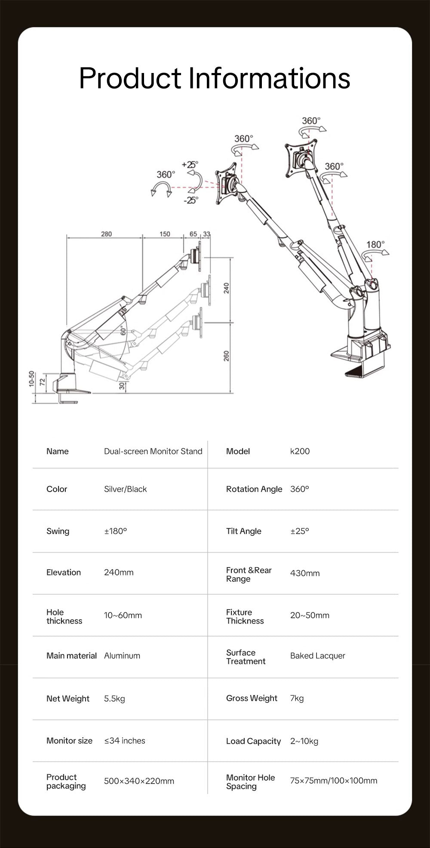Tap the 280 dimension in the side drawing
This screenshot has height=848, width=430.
[106, 234]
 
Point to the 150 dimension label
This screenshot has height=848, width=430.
[165, 234]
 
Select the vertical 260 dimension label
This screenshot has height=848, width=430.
[227, 356]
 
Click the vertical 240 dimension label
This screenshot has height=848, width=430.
[227, 288]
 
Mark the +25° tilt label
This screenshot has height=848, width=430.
[190, 164]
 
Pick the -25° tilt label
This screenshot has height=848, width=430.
[191, 200]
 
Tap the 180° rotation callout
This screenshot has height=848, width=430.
[375, 244]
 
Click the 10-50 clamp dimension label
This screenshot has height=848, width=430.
[31, 379]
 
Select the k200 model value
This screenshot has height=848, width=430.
[300, 451]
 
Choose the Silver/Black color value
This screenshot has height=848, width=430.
[125, 489]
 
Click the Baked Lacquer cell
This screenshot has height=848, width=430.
[317, 656]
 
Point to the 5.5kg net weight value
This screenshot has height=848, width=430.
[114, 699]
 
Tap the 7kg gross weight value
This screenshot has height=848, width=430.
[297, 698]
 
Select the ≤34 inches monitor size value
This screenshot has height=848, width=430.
[124, 741]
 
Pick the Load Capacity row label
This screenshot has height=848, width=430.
[253, 741]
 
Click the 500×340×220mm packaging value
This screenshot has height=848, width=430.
[139, 781]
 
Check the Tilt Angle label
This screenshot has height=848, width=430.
[243, 531]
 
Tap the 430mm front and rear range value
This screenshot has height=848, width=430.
[304, 573]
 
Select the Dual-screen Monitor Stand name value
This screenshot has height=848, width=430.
[153, 451]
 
